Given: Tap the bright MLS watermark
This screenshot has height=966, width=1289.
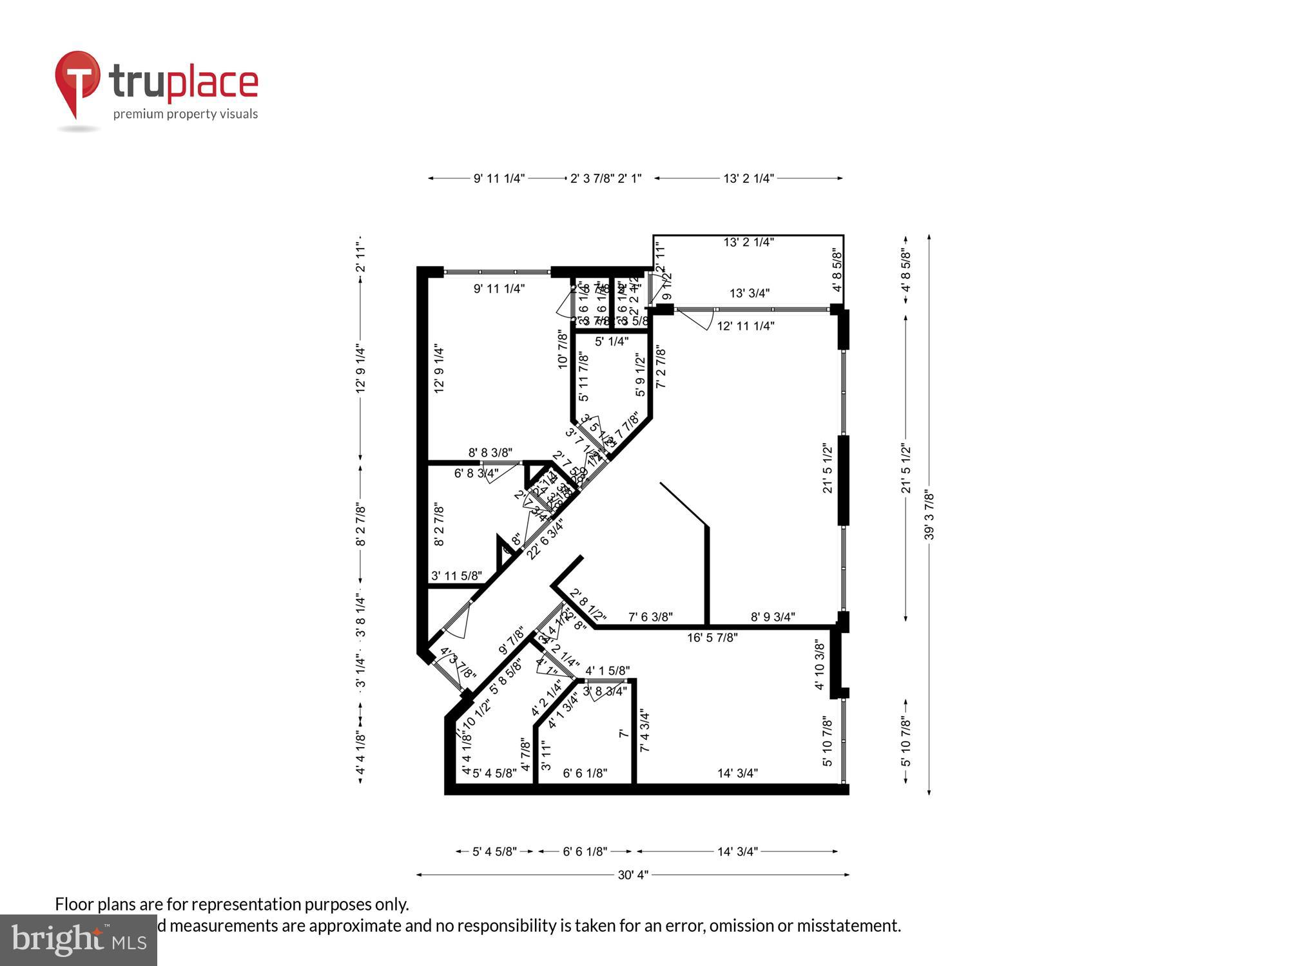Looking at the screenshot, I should pos(79,940).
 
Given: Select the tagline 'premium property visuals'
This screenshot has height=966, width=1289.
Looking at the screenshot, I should pos(186,115).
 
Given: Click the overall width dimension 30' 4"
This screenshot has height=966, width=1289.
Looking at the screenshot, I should pos(633,875).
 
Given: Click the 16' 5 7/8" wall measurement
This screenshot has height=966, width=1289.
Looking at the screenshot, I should pos(712,638).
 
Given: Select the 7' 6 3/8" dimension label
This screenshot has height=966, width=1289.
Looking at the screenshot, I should pos(650,617).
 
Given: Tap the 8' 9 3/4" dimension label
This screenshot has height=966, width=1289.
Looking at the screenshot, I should pos(773,617).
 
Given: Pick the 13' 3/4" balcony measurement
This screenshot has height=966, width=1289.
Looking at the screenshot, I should pos(750,293).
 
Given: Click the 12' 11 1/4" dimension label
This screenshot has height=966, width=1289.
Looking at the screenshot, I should pos(746,326).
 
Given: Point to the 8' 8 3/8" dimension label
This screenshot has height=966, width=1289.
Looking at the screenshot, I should pos(490,453).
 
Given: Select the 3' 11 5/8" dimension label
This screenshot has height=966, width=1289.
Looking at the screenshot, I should pos(456,576).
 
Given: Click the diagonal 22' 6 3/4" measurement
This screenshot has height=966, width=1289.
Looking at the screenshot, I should pos(545,539).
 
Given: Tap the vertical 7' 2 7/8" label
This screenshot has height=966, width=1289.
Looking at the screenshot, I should pos(661,367).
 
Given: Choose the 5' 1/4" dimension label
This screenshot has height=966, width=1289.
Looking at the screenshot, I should pos(612,341).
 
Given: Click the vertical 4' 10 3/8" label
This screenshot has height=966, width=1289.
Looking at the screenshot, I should pos(820,664).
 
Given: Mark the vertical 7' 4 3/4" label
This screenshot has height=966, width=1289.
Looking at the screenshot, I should pos(644,730).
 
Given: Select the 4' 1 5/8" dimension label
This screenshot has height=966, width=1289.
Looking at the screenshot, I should pos(608,671).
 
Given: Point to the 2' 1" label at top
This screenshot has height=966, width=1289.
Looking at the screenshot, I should pos(630,178).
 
